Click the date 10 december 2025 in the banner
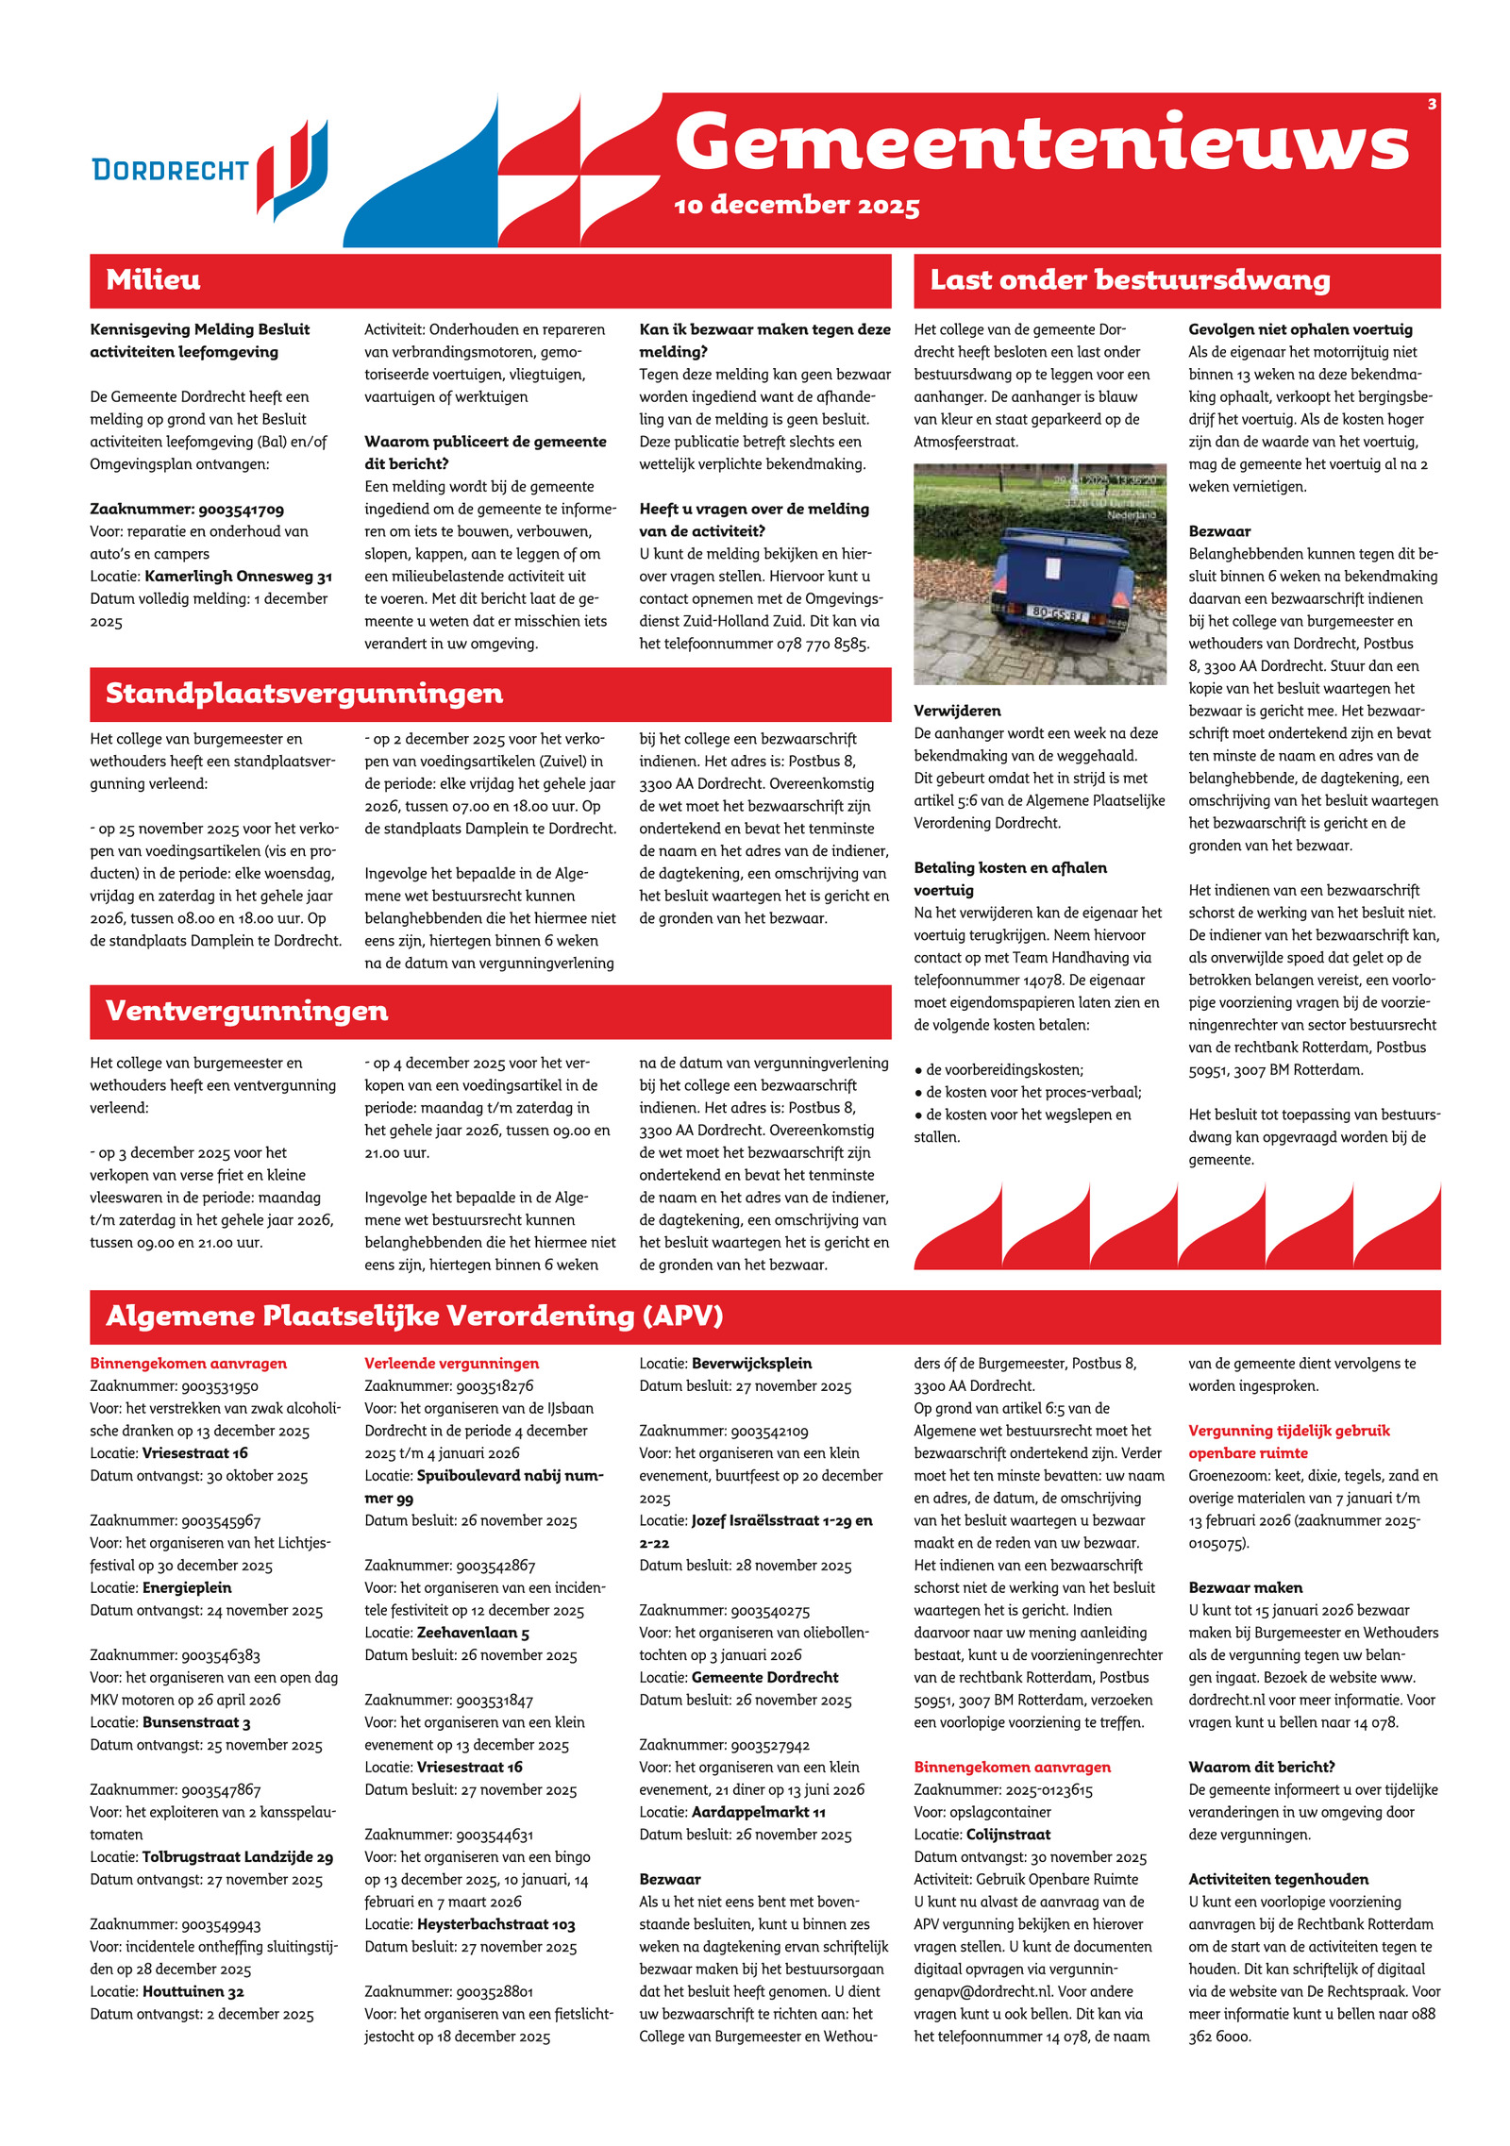797,206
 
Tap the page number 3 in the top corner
1431,104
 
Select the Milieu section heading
153,280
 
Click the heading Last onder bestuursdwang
1130,280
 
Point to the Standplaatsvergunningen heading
304,694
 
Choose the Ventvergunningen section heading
246,1011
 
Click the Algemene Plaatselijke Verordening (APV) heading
414,1316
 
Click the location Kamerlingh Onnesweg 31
238,577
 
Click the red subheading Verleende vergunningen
452,1364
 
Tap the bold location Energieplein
187,1588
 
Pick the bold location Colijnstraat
1008,1835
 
